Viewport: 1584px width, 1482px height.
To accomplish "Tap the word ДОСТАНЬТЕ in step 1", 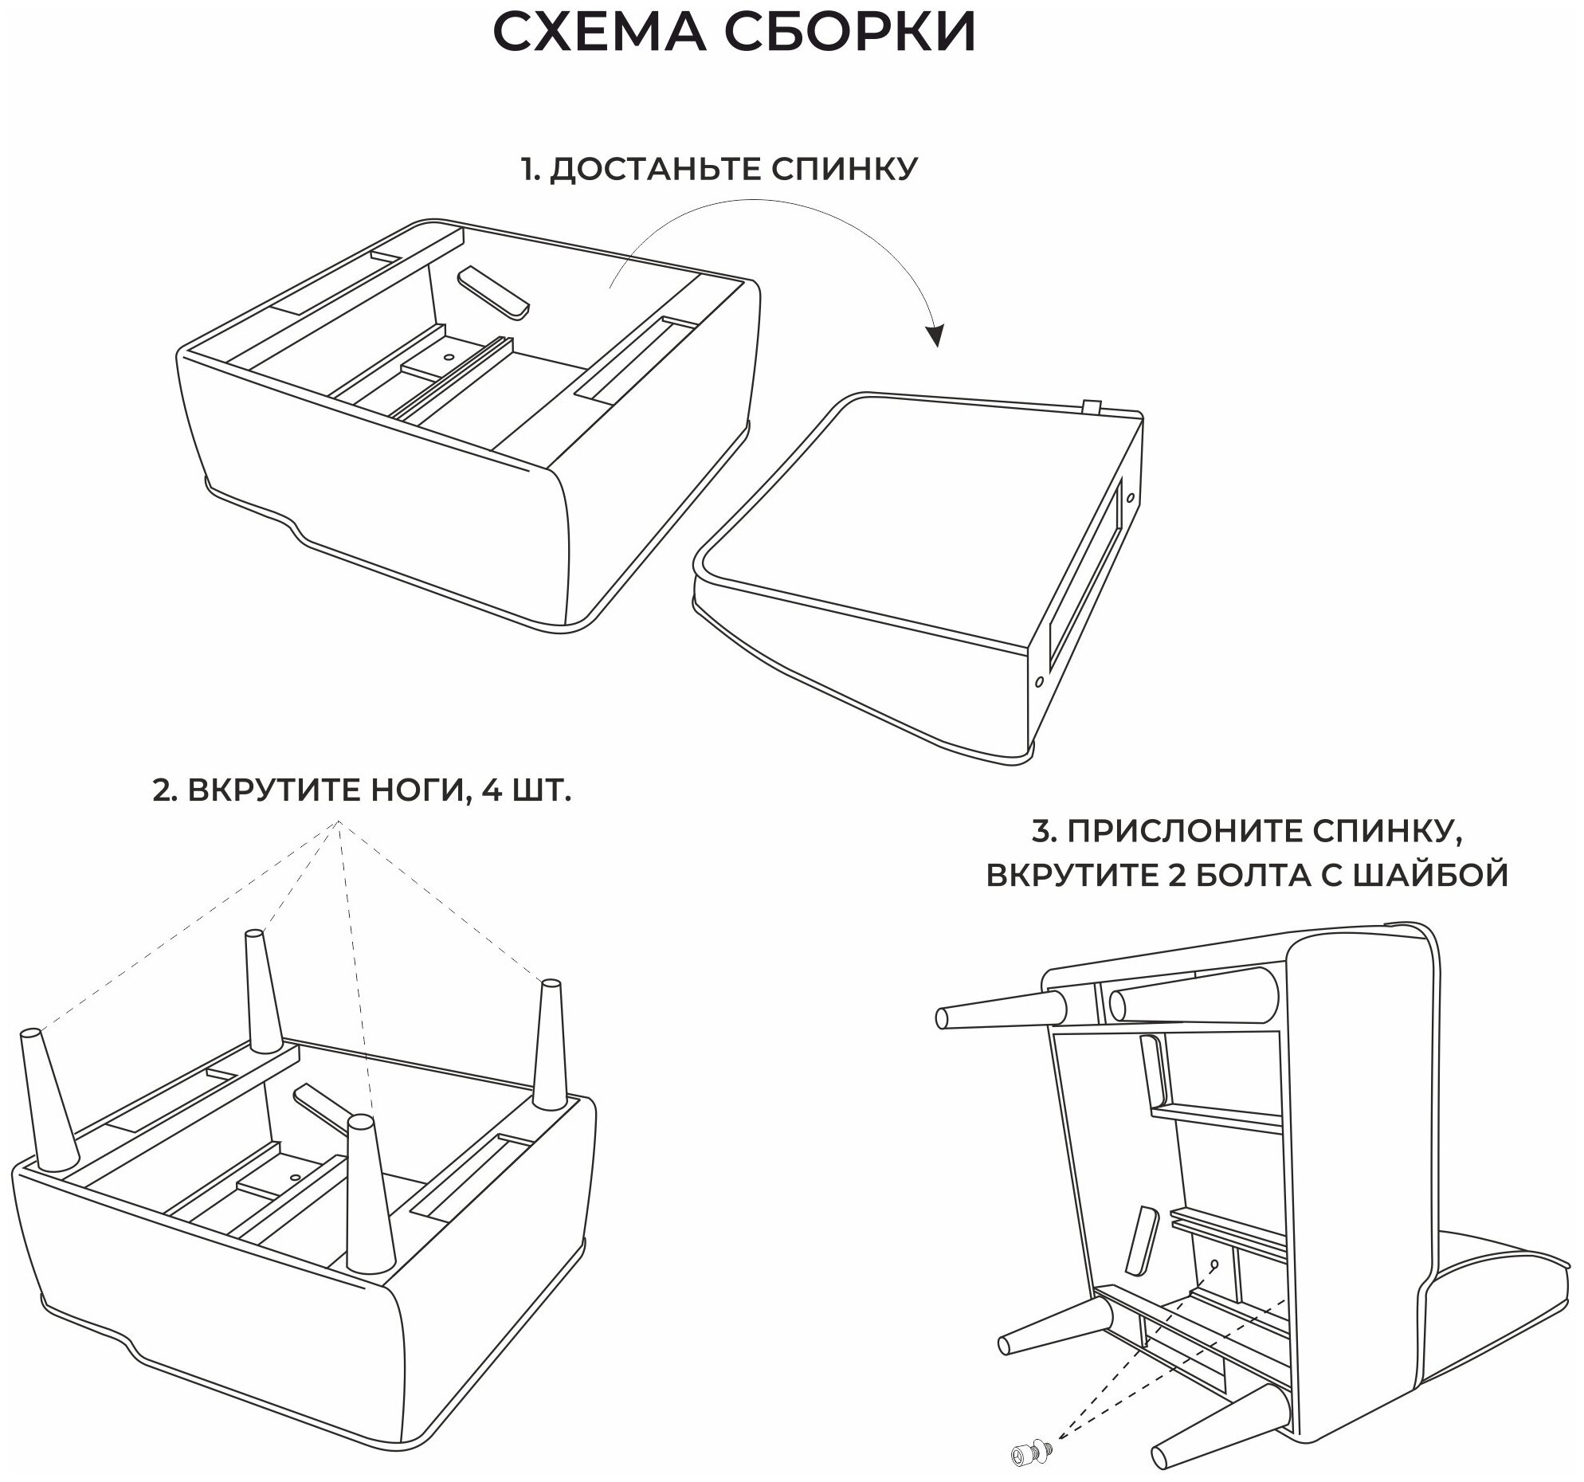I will point(638,170).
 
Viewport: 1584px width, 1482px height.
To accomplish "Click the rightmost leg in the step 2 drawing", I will point(550,1045).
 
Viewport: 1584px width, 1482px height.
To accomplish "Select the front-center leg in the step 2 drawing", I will point(370,1203).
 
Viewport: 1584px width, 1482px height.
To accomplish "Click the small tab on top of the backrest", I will point(1092,407).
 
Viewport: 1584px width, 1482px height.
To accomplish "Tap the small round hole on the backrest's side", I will point(1039,682).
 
